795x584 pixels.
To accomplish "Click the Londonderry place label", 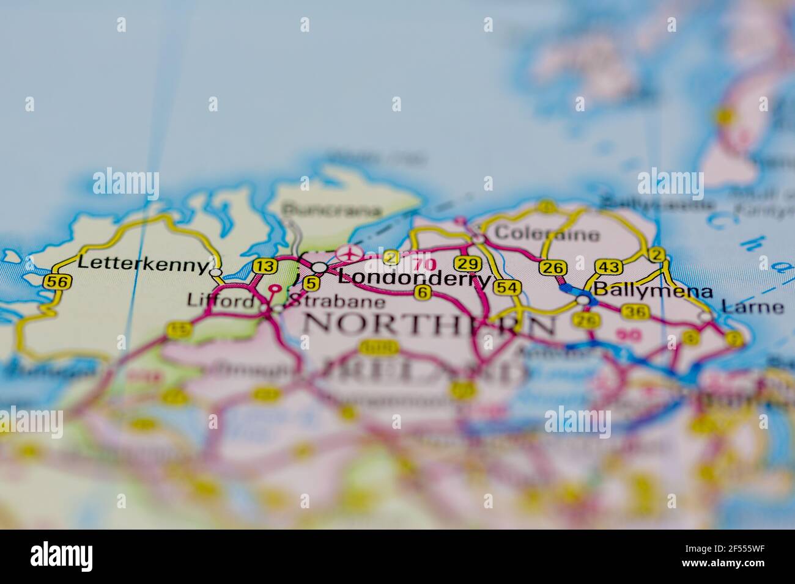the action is [x=414, y=279].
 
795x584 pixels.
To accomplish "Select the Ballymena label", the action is [x=653, y=291].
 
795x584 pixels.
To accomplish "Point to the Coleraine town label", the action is [x=547, y=233].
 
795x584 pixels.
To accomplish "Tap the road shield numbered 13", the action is [x=265, y=266].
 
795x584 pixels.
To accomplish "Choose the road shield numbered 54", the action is [x=509, y=288].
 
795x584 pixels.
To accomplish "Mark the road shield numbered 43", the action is [x=610, y=267].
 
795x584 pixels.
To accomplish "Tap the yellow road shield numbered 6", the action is [x=421, y=293].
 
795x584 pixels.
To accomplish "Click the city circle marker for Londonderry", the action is [x=319, y=268].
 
